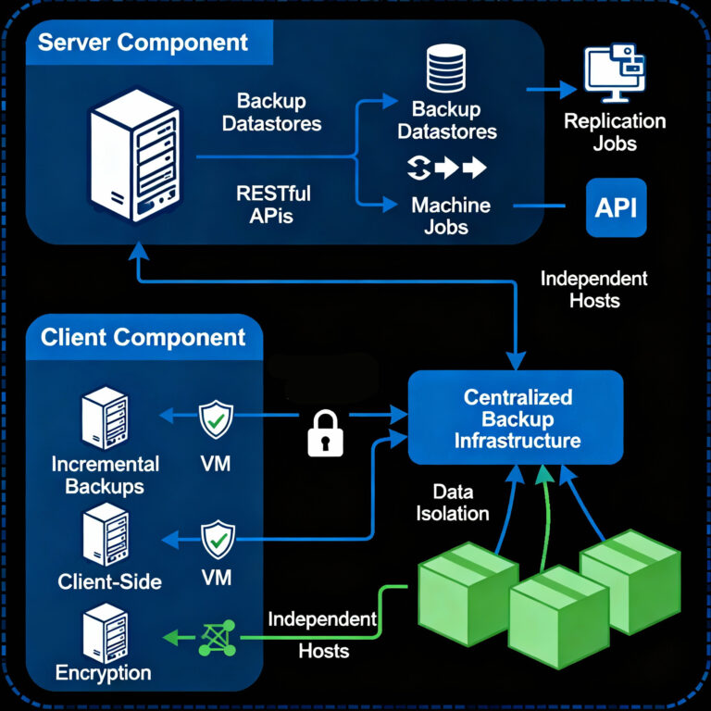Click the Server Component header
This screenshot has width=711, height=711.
pyautogui.click(x=143, y=43)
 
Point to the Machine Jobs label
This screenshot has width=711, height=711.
pyautogui.click(x=451, y=215)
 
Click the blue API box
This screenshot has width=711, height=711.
pyautogui.click(x=616, y=207)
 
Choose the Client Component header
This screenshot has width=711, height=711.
pyautogui.click(x=143, y=337)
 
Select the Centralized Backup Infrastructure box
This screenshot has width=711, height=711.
pyautogui.click(x=517, y=418)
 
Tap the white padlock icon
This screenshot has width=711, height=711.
pyautogui.click(x=325, y=431)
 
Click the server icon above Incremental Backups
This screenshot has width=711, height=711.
pyautogui.click(x=105, y=418)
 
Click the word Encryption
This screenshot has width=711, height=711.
pyautogui.click(x=104, y=673)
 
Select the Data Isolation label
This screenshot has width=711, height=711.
pyautogui.click(x=454, y=502)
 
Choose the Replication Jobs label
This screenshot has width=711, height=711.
pyautogui.click(x=615, y=132)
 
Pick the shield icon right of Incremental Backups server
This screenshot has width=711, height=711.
pyautogui.click(x=218, y=419)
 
